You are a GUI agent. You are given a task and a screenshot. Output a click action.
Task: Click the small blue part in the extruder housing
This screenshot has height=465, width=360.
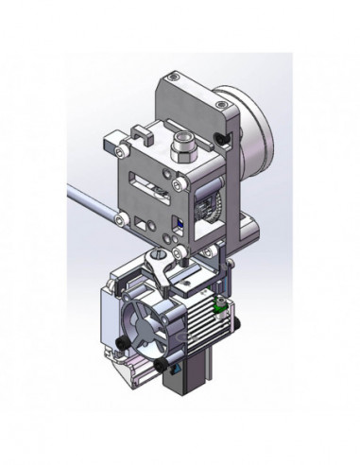[178, 225]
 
